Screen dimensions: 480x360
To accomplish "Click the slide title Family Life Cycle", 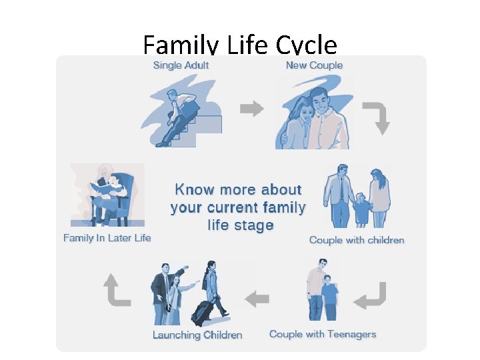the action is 240,45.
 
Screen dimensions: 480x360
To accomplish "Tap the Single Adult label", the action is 181,65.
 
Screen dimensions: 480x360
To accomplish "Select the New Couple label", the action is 314,65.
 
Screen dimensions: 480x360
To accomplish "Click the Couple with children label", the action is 357,240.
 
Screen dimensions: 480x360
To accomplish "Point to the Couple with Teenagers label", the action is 323,334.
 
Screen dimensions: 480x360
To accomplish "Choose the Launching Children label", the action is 197,335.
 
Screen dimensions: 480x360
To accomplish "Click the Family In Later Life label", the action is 107,238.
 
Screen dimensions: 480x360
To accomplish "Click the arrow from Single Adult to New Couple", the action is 251,109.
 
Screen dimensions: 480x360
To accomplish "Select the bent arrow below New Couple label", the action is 377,117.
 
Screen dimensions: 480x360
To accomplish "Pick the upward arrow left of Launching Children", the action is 117,291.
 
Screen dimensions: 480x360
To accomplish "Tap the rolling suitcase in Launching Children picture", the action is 202,311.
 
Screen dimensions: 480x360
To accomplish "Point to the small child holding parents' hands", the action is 361,208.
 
